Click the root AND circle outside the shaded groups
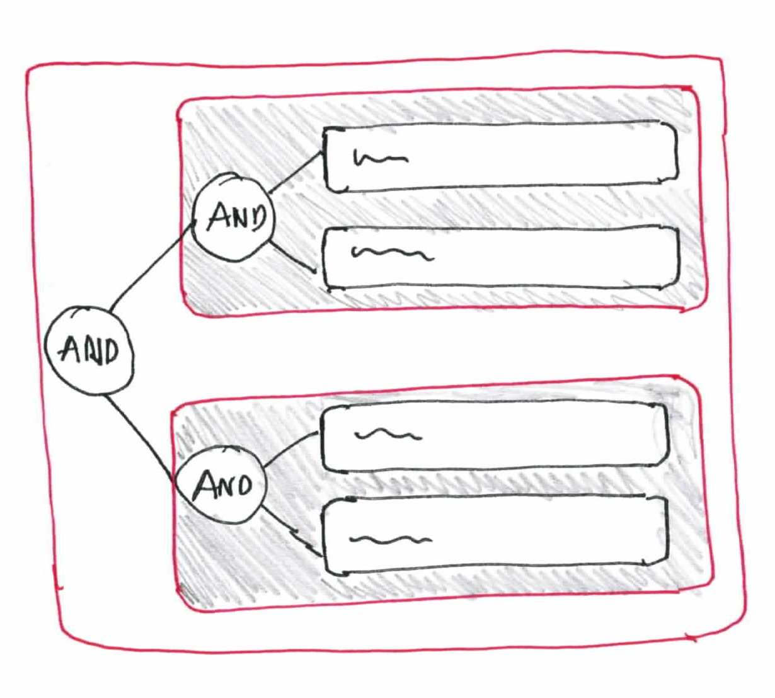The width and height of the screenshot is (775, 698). tap(89, 350)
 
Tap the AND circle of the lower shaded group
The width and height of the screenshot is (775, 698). tap(221, 484)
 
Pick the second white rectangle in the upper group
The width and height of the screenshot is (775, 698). tap(501, 258)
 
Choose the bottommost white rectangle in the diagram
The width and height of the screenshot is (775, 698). tap(495, 536)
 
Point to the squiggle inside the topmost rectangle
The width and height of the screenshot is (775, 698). tap(381, 158)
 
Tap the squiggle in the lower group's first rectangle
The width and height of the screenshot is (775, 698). tap(388, 435)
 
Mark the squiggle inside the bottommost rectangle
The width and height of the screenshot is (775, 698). tap(391, 539)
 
